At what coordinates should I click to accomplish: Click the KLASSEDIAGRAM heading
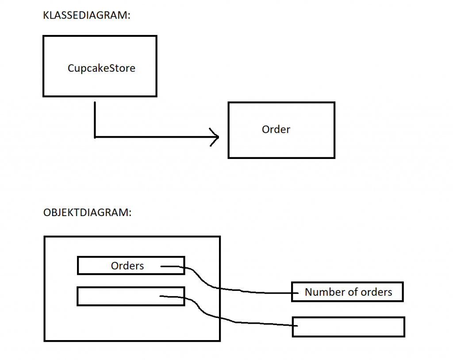click(87, 15)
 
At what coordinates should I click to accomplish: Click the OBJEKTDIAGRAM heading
click(87, 212)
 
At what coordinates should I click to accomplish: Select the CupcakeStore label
click(101, 68)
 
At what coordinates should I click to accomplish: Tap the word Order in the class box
click(276, 129)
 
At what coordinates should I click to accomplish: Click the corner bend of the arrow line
click(95, 137)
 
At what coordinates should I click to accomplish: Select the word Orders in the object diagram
click(127, 266)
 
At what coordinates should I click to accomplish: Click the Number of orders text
click(348, 292)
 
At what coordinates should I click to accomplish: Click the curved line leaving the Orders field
click(208, 283)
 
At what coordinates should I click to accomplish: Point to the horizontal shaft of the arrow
click(155, 137)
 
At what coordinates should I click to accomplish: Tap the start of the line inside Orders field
click(161, 266)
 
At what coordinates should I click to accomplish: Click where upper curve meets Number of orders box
click(292, 293)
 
